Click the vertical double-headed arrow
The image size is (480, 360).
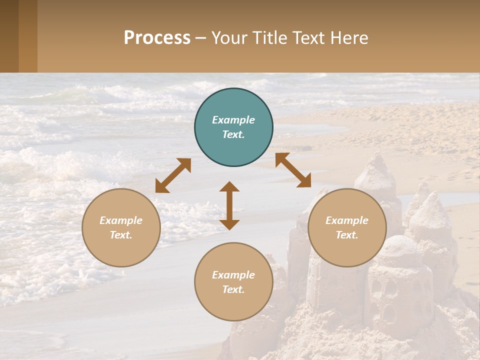[x=229, y=205]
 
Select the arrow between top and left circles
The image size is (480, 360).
[x=173, y=175]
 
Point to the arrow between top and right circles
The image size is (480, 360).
[x=293, y=170]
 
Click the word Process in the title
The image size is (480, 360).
[x=157, y=37]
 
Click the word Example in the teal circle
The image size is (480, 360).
[x=233, y=120]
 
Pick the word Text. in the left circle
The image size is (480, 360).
[x=121, y=235]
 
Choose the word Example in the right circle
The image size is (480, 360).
[x=347, y=220]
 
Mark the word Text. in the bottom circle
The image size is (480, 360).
[x=233, y=289]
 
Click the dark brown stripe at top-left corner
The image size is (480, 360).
[x=9, y=36]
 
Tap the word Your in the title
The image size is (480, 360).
[x=230, y=38]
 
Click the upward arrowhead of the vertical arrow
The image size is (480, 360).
[x=229, y=186]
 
